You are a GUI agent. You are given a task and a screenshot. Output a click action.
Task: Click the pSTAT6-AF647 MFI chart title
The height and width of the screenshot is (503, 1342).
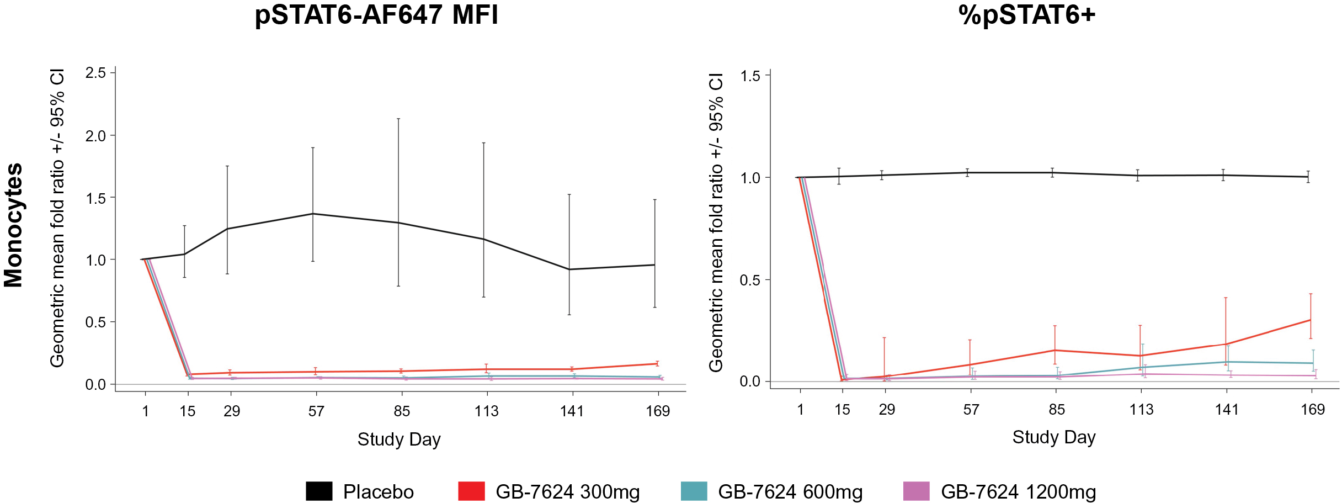point(376,15)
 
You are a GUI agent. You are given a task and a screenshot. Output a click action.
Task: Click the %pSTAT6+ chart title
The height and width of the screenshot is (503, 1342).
point(1027,15)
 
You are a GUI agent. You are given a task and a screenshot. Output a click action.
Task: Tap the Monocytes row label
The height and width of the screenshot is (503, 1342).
point(13,225)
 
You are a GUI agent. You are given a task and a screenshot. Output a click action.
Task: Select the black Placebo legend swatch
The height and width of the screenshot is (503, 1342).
point(319,491)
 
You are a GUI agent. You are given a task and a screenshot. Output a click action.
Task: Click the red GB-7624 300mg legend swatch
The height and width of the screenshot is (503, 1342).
point(471,491)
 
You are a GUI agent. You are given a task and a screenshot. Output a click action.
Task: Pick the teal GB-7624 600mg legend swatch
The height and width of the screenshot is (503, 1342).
point(694,491)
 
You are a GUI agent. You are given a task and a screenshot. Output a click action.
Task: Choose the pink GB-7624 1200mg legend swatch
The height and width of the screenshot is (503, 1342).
point(917,491)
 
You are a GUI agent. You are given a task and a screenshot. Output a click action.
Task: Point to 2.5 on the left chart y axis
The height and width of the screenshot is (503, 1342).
point(95,73)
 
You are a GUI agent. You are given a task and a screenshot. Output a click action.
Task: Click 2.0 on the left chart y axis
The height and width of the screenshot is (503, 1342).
point(95,136)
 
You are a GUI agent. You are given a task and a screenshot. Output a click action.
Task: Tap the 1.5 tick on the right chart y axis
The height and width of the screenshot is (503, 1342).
point(750,76)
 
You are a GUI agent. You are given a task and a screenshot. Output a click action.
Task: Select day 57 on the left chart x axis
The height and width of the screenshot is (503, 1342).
point(316,411)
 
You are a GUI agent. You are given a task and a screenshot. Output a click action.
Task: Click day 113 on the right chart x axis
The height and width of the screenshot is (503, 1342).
point(1141,410)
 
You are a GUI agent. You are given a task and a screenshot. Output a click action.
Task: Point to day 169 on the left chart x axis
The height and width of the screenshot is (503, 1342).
point(658,411)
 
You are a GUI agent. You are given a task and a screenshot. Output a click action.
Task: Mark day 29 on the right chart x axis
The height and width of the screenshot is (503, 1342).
point(887,410)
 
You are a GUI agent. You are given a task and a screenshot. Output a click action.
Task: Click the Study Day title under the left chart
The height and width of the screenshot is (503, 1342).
point(399,440)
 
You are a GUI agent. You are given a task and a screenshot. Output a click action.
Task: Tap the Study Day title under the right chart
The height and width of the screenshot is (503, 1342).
point(1053,437)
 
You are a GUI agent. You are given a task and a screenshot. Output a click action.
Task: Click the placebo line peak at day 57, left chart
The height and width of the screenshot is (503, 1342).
point(313,214)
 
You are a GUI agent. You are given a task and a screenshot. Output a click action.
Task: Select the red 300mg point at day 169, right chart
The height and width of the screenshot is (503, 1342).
point(1311,320)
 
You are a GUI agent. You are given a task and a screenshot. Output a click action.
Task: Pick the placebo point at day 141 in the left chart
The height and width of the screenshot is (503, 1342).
point(569,269)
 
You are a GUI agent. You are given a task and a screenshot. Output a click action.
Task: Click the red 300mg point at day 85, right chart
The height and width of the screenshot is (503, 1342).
point(1055,350)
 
